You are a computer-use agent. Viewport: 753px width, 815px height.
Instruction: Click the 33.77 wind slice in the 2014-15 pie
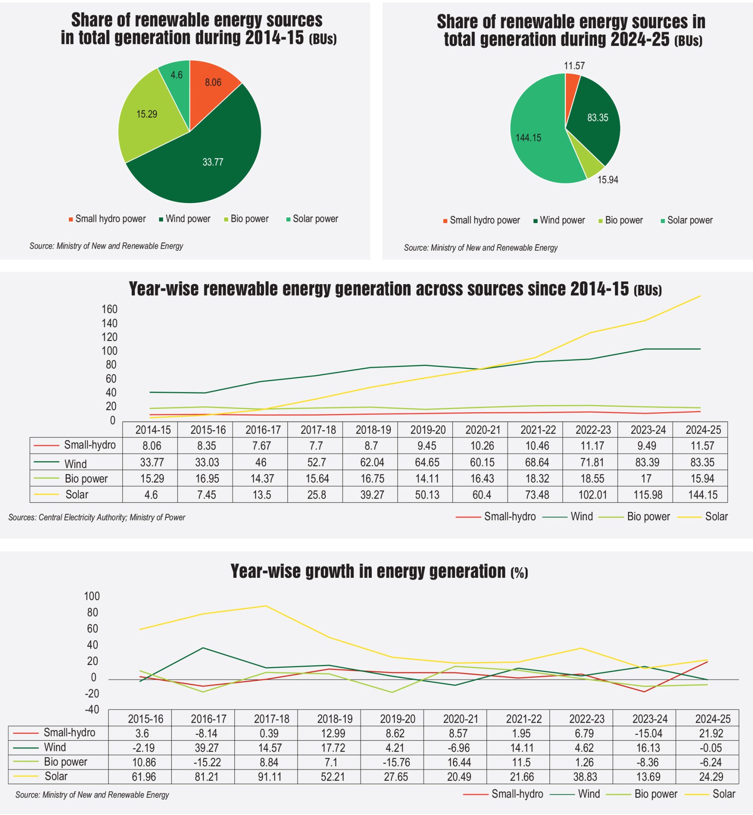pos(213,162)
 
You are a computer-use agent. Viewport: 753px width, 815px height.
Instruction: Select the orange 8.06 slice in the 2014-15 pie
pos(213,82)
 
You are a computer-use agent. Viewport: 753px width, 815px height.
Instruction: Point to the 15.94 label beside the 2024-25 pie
pos(607,180)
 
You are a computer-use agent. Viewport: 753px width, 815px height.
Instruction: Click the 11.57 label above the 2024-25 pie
pos(574,66)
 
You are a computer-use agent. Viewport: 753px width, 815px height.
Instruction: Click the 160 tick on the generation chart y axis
pos(109,309)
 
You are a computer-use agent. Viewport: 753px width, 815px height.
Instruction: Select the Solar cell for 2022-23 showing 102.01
pos(593,495)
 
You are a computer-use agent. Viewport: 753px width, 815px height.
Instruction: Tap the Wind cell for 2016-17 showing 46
pos(261,462)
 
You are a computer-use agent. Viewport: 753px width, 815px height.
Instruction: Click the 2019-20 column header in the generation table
pos(428,429)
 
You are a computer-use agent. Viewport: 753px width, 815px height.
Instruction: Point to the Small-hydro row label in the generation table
pos(90,445)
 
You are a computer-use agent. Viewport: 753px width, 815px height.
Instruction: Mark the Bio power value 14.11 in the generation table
pos(427,478)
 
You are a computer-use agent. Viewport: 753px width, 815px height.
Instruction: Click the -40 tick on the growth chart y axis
pos(92,710)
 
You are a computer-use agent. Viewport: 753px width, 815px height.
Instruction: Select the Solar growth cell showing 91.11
pos(269,777)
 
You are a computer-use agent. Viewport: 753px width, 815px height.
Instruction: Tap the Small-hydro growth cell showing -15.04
pos(648,733)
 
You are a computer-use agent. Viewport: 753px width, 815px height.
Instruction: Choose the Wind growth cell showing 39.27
pos(207,748)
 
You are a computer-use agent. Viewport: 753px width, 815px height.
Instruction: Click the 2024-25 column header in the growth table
pos(713,719)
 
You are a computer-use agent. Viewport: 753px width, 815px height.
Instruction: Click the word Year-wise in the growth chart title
pos(266,571)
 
